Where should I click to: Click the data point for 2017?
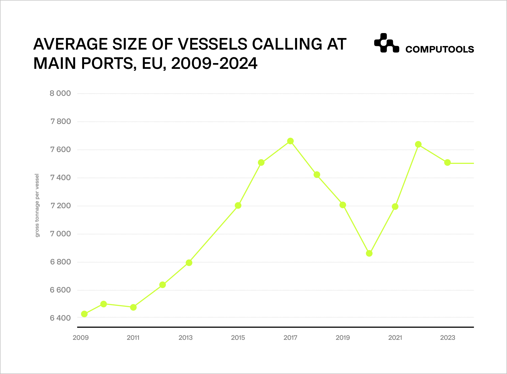[290, 141]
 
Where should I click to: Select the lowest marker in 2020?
[369, 253]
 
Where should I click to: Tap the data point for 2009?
[84, 314]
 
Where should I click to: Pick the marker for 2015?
[238, 205]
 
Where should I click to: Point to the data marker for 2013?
[189, 263]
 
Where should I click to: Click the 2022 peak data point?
[418, 144]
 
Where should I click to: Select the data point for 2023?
[447, 162]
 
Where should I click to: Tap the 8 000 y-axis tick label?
[60, 93]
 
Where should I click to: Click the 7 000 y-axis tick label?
[60, 234]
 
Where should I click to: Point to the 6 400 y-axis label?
[60, 318]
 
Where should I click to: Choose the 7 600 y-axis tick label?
[60, 150]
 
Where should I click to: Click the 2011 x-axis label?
[133, 338]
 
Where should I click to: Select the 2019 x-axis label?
[343, 338]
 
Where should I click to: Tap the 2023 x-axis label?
[447, 338]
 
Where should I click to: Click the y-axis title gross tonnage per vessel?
[37, 205]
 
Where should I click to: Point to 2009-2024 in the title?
[214, 63]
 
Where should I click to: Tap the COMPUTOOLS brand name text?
[439, 50]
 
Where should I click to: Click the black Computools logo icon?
[386, 43]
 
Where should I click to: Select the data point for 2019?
[343, 205]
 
